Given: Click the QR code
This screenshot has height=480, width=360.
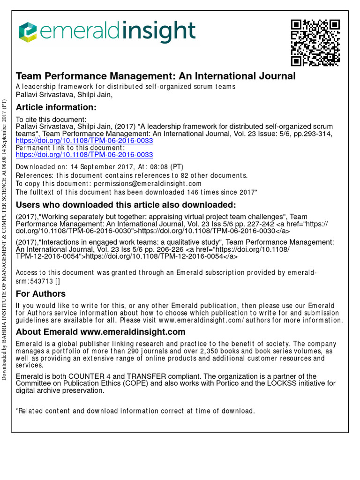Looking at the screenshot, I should [315, 43].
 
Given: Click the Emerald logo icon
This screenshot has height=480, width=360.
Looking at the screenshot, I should [29, 32].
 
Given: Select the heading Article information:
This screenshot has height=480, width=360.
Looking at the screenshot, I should [56, 108].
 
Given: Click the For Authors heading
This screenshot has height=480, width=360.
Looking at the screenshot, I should [41, 294].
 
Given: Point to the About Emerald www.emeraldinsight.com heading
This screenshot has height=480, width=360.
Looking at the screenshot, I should [101, 332].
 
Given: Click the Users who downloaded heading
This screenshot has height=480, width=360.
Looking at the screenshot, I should [126, 205].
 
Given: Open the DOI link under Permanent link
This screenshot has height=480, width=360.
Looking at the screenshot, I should [84, 154].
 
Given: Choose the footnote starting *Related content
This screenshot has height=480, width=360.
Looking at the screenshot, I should [135, 411].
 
